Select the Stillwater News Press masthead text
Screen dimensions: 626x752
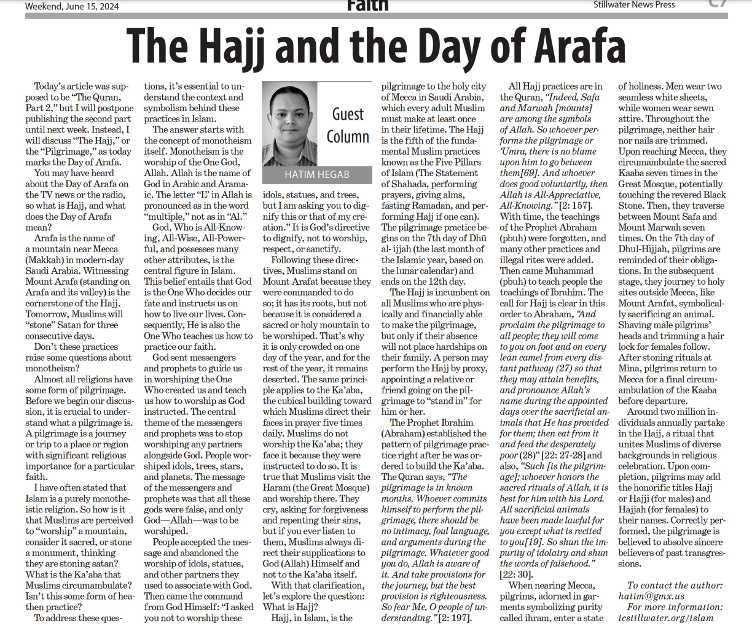(x=634, y=5)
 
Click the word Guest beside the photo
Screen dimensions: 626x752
(x=348, y=114)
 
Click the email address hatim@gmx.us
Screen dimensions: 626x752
(x=651, y=596)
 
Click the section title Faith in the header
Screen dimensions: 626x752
(x=367, y=6)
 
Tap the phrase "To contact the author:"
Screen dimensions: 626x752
(x=675, y=585)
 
